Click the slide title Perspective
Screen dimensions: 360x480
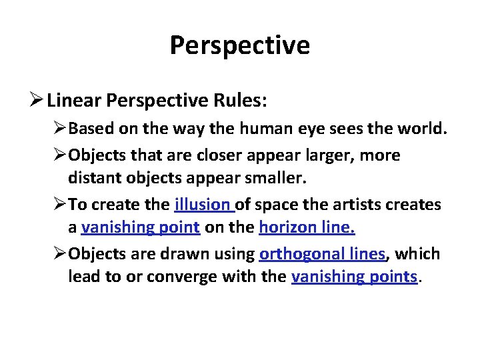(x=239, y=45)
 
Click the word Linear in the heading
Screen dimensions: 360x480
(x=73, y=101)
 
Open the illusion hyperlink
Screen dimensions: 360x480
(x=201, y=205)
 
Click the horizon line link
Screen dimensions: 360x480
(x=307, y=227)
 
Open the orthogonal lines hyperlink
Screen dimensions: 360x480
(x=322, y=254)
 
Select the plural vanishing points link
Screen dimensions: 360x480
(x=354, y=277)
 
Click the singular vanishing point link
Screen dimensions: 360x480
(x=140, y=227)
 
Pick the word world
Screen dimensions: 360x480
(x=423, y=128)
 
